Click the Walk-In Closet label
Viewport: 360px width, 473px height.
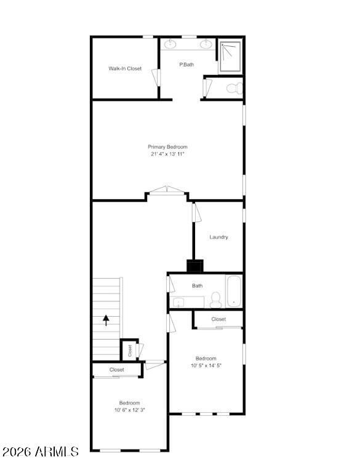(x=125, y=68)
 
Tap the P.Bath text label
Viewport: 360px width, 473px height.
(x=186, y=64)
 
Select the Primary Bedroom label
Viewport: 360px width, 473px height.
(x=167, y=147)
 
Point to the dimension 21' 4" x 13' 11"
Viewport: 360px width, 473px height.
(x=167, y=154)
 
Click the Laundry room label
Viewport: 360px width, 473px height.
(x=218, y=237)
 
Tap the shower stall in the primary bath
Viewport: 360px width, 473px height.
(x=230, y=57)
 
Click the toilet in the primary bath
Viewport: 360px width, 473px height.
(x=233, y=88)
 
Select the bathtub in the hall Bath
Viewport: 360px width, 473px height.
(x=233, y=292)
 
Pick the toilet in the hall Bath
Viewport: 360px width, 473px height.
(x=215, y=300)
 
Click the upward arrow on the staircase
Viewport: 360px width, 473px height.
(x=106, y=320)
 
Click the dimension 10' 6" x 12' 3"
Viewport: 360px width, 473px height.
(x=129, y=410)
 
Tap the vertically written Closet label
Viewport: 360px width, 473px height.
(x=130, y=351)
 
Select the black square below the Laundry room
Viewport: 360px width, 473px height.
(x=195, y=266)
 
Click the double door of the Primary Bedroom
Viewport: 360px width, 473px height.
(x=167, y=191)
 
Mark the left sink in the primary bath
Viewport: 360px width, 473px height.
(x=170, y=44)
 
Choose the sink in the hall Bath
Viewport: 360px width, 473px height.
(x=178, y=302)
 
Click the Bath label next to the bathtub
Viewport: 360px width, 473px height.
(x=197, y=285)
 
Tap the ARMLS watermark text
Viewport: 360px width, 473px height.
(x=40, y=452)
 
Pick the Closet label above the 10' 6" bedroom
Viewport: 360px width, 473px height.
(x=116, y=370)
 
